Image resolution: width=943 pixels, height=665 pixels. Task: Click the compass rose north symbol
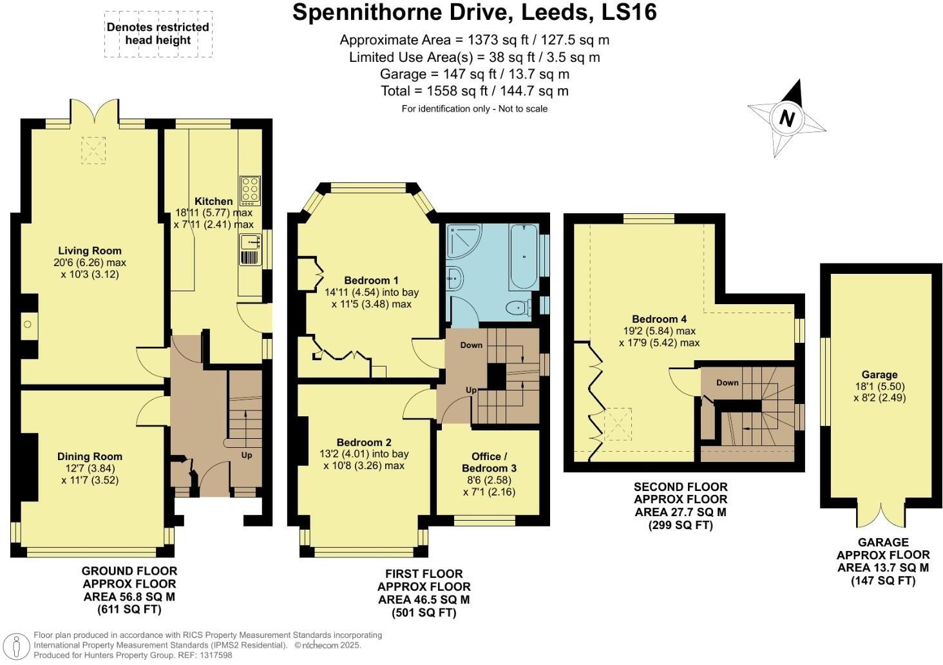(786, 119)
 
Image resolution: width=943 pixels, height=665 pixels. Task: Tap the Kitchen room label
(213, 202)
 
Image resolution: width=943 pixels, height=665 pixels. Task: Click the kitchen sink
(249, 242)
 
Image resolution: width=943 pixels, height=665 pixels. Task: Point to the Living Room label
(90, 251)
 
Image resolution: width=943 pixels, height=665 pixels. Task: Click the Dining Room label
(90, 456)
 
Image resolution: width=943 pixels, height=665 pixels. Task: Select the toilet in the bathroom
(518, 308)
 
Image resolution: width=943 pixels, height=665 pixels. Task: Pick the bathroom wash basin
(455, 278)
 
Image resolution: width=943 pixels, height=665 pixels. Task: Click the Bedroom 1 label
(371, 280)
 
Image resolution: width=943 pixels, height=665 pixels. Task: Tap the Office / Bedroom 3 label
(489, 462)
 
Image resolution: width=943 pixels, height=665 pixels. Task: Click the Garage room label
(879, 374)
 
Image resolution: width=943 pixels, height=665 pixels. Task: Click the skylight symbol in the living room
(93, 151)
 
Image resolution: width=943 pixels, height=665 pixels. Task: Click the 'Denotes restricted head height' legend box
(158, 34)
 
